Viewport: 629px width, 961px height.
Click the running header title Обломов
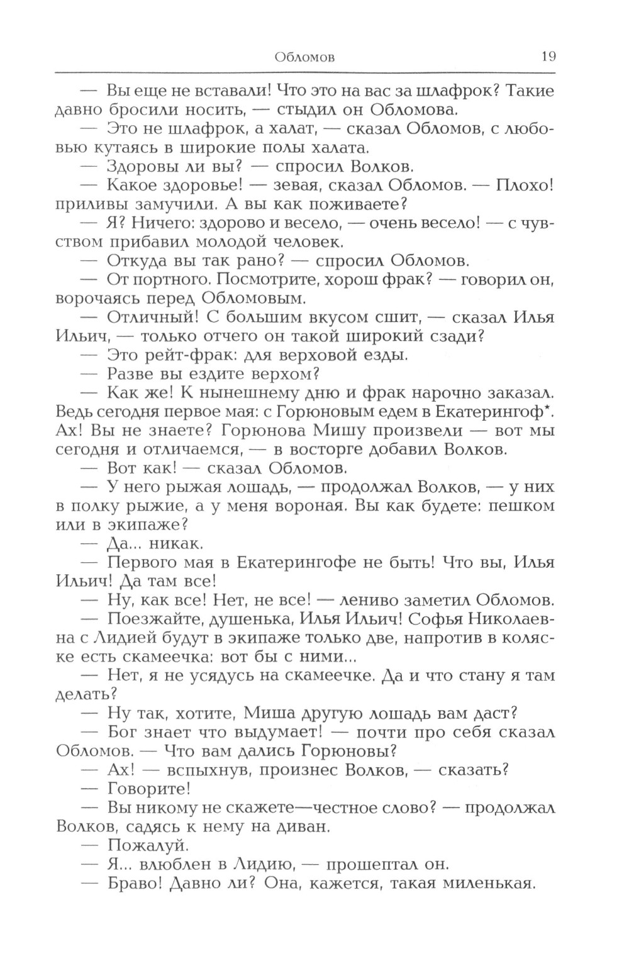coord(305,58)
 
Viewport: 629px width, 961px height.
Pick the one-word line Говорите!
coord(149,789)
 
